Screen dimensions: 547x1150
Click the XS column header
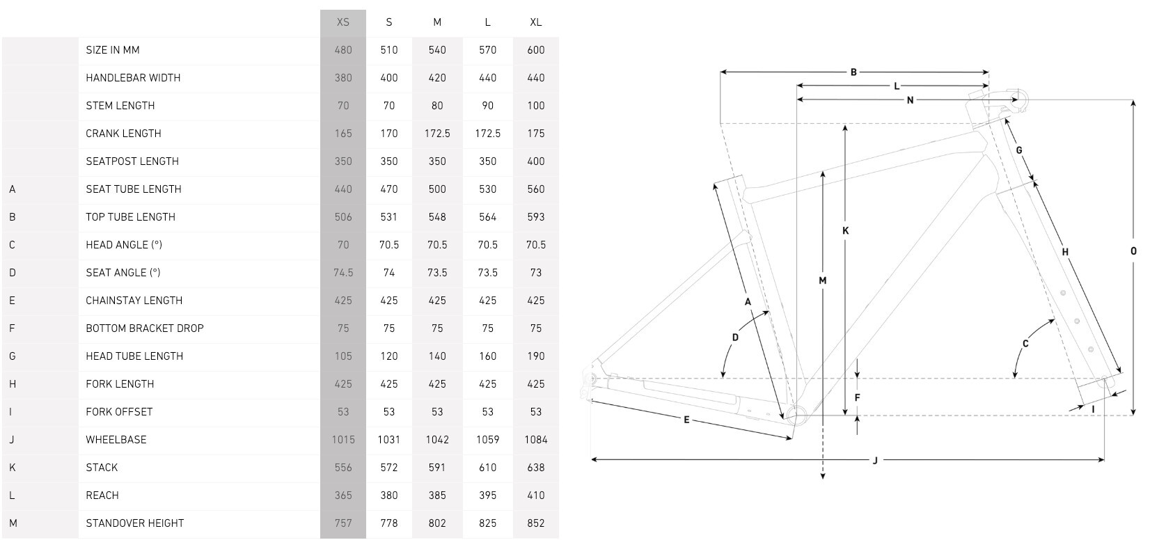click(x=343, y=22)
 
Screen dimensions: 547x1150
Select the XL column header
click(x=535, y=22)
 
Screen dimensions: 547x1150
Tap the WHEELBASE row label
click(x=116, y=440)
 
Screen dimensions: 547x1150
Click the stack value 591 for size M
click(x=437, y=468)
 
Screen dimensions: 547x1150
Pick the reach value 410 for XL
click(x=535, y=496)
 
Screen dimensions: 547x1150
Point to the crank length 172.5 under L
click(x=487, y=134)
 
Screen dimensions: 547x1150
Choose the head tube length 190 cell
click(x=535, y=356)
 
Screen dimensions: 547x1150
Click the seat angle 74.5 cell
click(x=343, y=273)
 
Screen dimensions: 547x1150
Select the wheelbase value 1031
click(x=389, y=440)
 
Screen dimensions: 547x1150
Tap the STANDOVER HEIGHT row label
click(x=135, y=523)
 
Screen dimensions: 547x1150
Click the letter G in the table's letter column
click(x=13, y=356)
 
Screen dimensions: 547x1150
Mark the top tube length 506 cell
click(x=343, y=217)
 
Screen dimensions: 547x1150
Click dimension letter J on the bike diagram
click(x=875, y=460)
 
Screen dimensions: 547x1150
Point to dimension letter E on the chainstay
click(x=686, y=420)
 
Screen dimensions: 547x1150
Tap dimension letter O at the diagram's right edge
click(x=1133, y=251)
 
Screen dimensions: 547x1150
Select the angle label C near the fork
click(x=1025, y=344)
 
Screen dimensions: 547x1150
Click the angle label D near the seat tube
click(x=735, y=338)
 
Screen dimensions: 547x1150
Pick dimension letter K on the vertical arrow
click(x=846, y=230)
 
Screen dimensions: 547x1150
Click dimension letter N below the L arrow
click(x=910, y=100)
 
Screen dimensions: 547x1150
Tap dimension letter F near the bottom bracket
click(x=858, y=398)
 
